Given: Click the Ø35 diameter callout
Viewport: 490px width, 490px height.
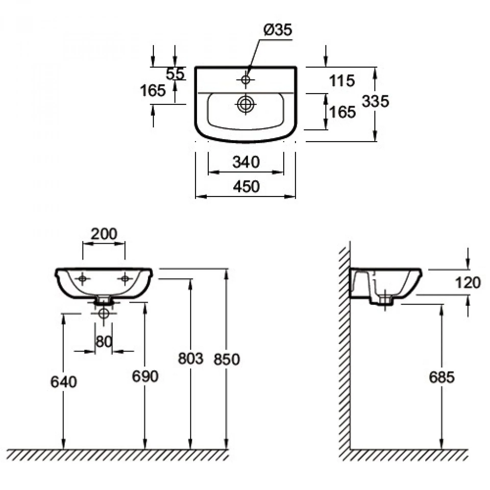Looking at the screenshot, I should click(277, 30).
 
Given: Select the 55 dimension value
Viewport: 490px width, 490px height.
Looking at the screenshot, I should click(175, 74).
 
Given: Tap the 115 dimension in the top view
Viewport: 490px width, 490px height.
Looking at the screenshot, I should click(342, 81).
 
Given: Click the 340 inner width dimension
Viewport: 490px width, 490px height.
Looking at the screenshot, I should click(246, 162).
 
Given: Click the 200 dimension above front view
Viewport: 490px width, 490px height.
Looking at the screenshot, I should click(104, 234).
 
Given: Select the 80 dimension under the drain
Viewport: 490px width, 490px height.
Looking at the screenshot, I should click(104, 341).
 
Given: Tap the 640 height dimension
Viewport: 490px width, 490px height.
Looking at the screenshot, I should click(63, 382).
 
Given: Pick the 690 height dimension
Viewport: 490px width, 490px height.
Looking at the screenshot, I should click(145, 376).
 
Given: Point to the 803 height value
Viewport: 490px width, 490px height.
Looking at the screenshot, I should click(190, 358).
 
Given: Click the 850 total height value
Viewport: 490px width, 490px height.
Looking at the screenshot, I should click(227, 359).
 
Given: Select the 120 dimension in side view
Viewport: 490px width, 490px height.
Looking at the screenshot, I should click(468, 283).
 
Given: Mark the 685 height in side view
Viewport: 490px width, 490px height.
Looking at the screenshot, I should click(442, 377).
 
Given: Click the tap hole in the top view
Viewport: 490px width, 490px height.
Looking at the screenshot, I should click(246, 80).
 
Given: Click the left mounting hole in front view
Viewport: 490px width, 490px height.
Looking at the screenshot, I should click(82, 279).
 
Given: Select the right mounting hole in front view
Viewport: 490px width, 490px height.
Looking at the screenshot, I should click(125, 279).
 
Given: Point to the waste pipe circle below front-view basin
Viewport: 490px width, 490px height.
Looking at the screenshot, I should click(104, 313).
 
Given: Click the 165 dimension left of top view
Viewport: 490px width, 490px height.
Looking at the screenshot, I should click(153, 90).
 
